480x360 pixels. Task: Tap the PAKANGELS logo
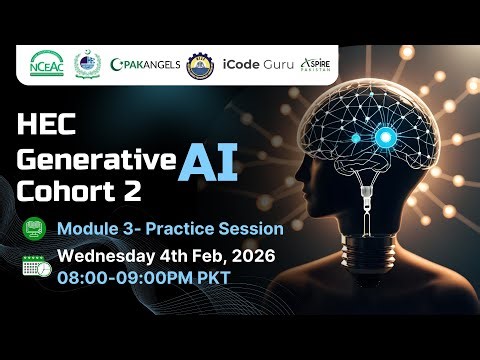coord(146,64)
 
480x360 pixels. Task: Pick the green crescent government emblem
coord(87,64)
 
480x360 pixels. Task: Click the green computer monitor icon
coord(33,229)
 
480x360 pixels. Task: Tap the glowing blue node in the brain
coord(383,137)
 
